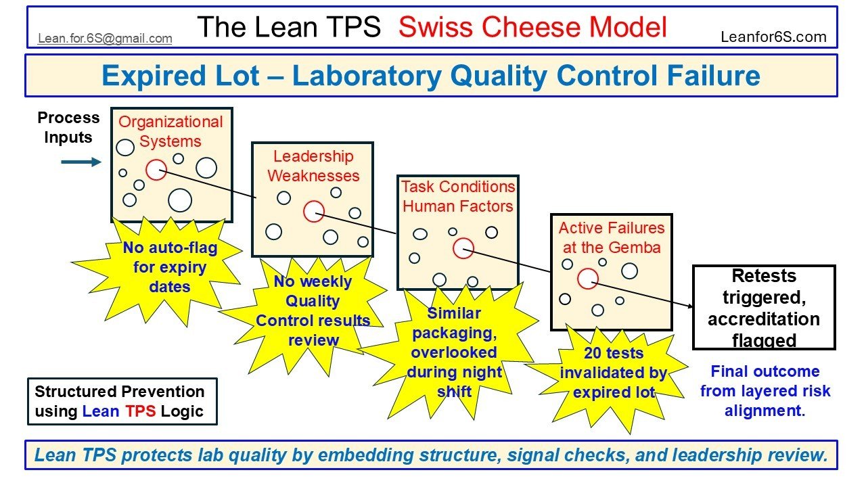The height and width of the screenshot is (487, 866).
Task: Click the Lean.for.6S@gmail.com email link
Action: click(x=105, y=39)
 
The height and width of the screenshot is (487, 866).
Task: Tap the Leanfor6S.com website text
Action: click(x=774, y=37)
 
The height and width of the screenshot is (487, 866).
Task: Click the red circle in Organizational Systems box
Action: click(x=156, y=170)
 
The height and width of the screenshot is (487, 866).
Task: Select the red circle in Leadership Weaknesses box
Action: click(x=314, y=212)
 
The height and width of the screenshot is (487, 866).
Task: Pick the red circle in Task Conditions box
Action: click(x=463, y=248)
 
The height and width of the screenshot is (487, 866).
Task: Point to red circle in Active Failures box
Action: click(x=588, y=278)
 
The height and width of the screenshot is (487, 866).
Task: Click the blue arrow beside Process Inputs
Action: click(x=81, y=162)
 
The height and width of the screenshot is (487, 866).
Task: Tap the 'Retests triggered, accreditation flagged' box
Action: click(x=764, y=308)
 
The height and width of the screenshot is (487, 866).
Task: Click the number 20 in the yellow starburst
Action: click(x=593, y=353)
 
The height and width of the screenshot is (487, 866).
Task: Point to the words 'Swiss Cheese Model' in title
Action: click(x=532, y=27)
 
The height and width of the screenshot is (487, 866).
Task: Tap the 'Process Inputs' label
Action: click(x=68, y=127)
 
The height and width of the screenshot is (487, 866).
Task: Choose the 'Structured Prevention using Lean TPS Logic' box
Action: click(x=122, y=401)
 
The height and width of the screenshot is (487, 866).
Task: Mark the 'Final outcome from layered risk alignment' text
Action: click(x=765, y=391)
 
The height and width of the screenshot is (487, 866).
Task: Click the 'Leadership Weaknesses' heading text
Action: click(x=313, y=166)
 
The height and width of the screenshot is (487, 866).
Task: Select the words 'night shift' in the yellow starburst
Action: click(x=455, y=381)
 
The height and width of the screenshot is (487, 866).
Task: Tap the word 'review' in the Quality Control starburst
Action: click(x=313, y=340)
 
